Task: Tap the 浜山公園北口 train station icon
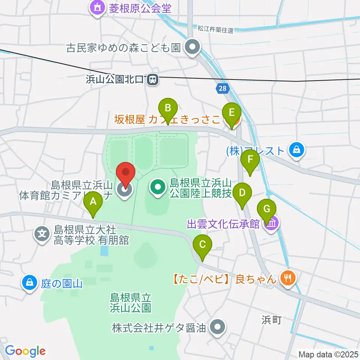[x=152, y=79]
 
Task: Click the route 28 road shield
[x=222, y=88]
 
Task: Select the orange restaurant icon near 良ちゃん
[x=288, y=278]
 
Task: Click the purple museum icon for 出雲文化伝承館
[x=271, y=224]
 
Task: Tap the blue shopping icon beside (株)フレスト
[x=297, y=150]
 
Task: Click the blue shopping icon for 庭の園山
[x=29, y=282]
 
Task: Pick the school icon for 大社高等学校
[x=42, y=234]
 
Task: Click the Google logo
[x=25, y=351]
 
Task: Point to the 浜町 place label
[x=271, y=320]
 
